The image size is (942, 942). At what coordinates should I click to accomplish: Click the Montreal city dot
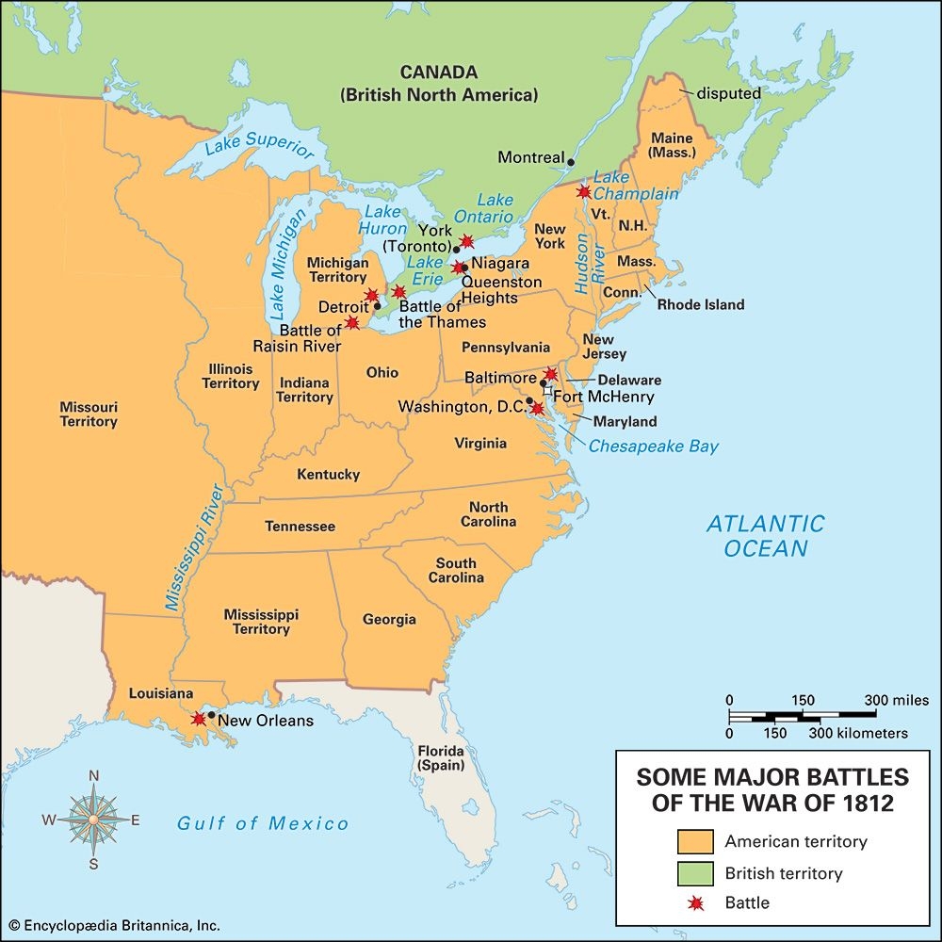[x=571, y=162]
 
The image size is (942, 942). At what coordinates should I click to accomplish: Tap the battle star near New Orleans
[x=198, y=719]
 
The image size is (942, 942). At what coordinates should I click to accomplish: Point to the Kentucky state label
[x=328, y=474]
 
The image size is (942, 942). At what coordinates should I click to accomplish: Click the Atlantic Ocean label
[x=765, y=536]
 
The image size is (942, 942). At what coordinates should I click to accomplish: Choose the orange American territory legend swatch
[x=695, y=841]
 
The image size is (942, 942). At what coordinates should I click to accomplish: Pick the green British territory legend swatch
[x=695, y=872]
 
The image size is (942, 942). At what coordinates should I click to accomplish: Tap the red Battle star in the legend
[x=695, y=903]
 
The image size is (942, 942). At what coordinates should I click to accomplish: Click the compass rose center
[x=94, y=820]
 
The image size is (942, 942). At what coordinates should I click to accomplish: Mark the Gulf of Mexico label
[x=263, y=824]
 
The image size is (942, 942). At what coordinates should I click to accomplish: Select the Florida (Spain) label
[x=442, y=758]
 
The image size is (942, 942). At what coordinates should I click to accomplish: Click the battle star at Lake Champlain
[x=583, y=191]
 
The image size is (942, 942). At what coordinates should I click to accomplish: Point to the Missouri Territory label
[x=89, y=414]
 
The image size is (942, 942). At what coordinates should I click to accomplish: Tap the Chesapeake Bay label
[x=653, y=447]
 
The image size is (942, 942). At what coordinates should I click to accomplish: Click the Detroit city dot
[x=377, y=306]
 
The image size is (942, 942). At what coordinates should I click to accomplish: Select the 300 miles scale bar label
[x=896, y=700]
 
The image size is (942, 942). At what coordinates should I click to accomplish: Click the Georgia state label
[x=389, y=619]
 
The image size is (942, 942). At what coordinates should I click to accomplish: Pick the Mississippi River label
[x=193, y=549]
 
